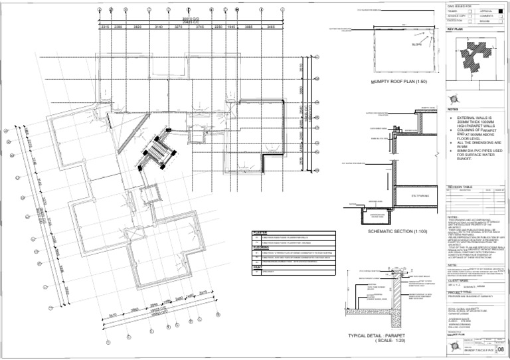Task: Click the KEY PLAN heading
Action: click(x=456, y=29)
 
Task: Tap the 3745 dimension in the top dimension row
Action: click(x=200, y=27)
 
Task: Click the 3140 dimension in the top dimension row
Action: click(x=159, y=27)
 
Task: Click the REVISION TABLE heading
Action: click(x=459, y=187)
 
